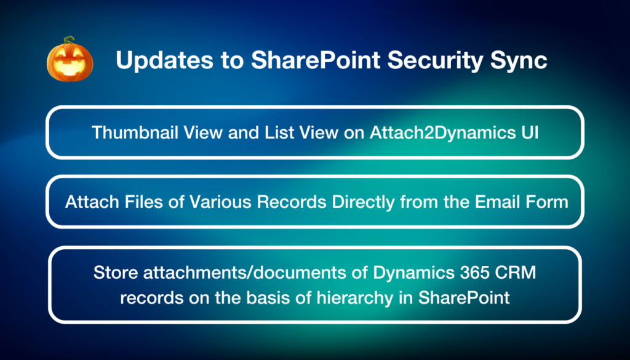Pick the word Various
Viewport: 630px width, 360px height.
click(x=208, y=201)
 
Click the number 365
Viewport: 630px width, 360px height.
click(x=484, y=273)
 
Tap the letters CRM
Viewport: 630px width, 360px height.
click(x=520, y=273)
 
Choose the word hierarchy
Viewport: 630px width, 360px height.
click(x=359, y=298)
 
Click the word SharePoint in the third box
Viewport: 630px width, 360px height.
click(x=465, y=298)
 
